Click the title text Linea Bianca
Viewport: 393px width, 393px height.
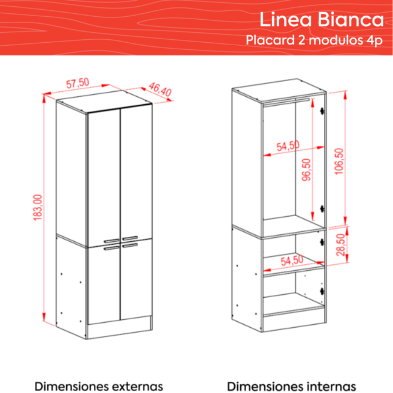(322, 19)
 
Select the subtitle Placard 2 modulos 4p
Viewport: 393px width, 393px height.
(314, 40)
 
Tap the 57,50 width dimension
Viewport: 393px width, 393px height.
(78, 83)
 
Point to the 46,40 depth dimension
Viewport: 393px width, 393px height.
(160, 89)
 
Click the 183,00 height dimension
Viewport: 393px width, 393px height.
(38, 207)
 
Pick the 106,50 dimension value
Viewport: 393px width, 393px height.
(339, 162)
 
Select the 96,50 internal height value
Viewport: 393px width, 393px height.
(306, 169)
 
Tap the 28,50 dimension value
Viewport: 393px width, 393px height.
(340, 245)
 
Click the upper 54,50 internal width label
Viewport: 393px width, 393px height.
(288, 146)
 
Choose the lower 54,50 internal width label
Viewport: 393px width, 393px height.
(292, 260)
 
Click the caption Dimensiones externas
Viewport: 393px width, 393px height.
(99, 386)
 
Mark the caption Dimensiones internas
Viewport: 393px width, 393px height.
(291, 386)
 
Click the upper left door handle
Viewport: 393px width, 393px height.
(112, 241)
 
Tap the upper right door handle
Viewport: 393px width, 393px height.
(130, 238)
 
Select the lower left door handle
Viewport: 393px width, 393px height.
(112, 248)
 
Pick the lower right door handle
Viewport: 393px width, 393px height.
(130, 245)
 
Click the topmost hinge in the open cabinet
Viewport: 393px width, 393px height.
(323, 111)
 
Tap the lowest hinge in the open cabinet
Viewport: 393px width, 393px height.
(323, 291)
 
